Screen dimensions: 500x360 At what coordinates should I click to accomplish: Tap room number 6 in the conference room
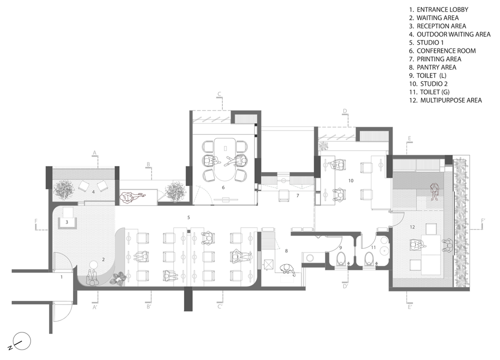coord(223,187)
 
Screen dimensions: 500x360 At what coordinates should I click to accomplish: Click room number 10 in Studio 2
coord(351,180)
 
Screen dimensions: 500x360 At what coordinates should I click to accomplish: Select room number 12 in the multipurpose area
coord(412,227)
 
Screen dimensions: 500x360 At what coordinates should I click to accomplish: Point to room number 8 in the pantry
coord(286,251)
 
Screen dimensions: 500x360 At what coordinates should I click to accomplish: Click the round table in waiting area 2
coord(93,264)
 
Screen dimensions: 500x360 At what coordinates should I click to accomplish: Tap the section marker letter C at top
coord(219,94)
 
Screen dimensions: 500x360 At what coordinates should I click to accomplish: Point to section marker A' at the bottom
coord(94,307)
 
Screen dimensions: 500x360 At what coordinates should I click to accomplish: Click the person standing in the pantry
coord(287,270)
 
